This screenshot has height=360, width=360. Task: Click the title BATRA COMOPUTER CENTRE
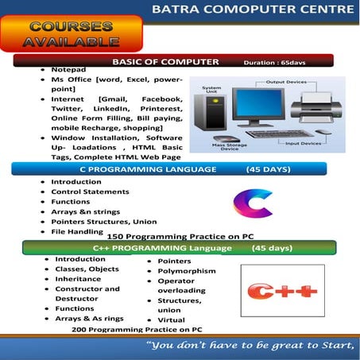point(253,10)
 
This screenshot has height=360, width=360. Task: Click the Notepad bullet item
point(68,70)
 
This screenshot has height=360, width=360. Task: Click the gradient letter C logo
point(252,203)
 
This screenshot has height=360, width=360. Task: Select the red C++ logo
point(283,292)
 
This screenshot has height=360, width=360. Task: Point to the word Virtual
point(171,319)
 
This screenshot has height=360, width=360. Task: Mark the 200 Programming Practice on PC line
point(137,329)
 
